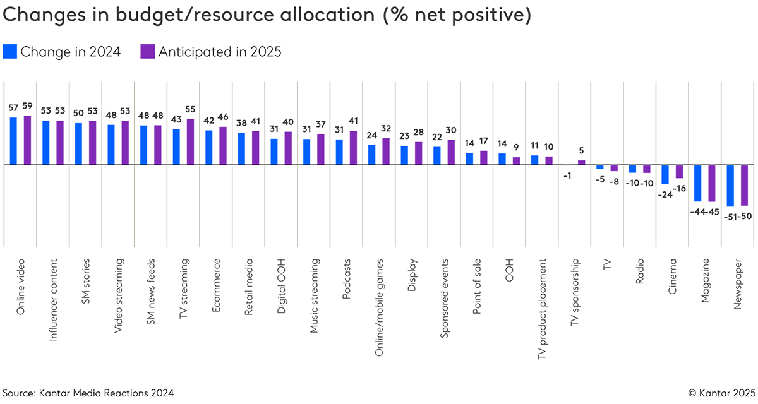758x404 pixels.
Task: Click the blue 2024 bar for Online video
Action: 13,141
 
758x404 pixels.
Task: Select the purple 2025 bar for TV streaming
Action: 190,142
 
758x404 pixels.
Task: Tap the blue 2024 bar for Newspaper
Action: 730,185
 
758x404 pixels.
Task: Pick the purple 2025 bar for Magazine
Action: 712,183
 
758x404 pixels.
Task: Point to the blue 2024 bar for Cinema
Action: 665,174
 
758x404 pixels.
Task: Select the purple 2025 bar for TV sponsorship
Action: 582,162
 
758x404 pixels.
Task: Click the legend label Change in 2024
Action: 70,52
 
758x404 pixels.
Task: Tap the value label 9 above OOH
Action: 516,146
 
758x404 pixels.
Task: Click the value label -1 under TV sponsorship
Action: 567,175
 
